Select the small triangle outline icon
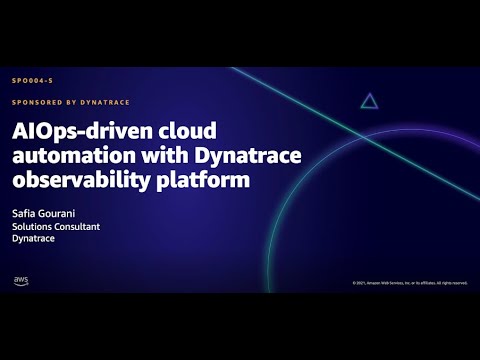[x=369, y=100]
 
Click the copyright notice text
[x=410, y=284]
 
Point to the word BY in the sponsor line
[x=77, y=102]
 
